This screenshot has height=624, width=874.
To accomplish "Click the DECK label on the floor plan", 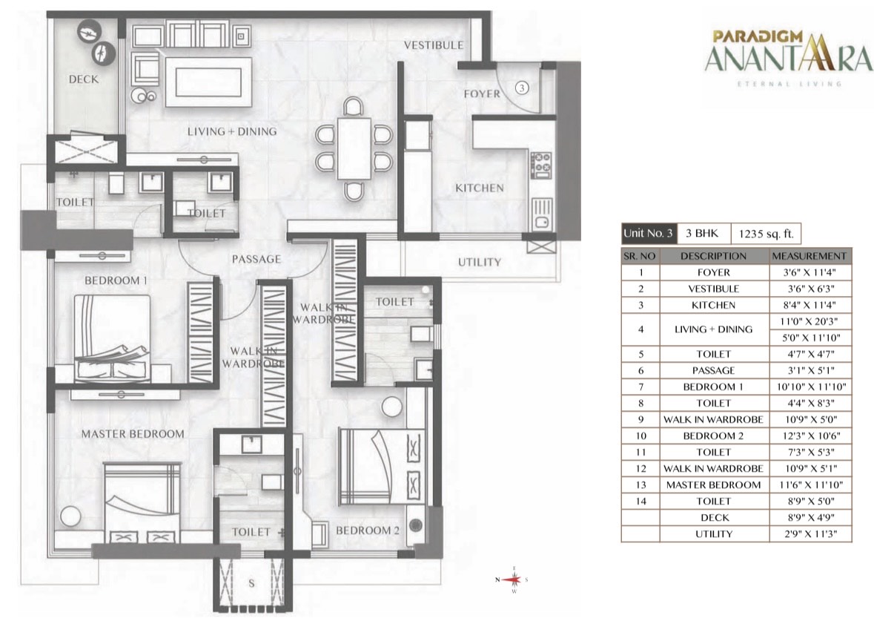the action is tap(84, 79).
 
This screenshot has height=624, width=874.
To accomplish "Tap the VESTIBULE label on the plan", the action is tap(434, 45).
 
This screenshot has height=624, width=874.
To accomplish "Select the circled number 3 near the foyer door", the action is tap(522, 88).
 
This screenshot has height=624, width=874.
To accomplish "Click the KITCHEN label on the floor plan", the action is tap(480, 188).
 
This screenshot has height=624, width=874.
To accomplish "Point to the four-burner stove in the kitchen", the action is tap(540, 165).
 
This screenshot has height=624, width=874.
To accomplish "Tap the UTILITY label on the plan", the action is tap(480, 262).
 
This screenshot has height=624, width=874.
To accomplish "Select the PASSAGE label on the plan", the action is tap(256, 259).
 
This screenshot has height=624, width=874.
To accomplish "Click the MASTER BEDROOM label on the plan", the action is tap(133, 433).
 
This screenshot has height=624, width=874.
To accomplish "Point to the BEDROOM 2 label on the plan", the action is tap(368, 531).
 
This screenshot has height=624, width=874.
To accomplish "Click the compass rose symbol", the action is tap(512, 579).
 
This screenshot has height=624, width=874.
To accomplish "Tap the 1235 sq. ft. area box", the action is tap(766, 234).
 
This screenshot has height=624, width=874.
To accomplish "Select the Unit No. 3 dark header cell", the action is tap(649, 233).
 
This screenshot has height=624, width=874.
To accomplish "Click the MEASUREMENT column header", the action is tap(810, 256).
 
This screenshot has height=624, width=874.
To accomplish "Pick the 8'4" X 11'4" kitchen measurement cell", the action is tap(810, 305).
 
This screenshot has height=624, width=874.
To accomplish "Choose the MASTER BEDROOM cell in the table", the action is tap(713, 485).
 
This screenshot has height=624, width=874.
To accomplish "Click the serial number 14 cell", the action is tap(641, 502).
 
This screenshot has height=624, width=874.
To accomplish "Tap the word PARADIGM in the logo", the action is tap(758, 37).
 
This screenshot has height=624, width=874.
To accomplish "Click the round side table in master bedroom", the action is tap(70, 516).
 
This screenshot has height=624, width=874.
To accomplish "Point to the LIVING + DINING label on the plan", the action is tap(232, 132).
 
